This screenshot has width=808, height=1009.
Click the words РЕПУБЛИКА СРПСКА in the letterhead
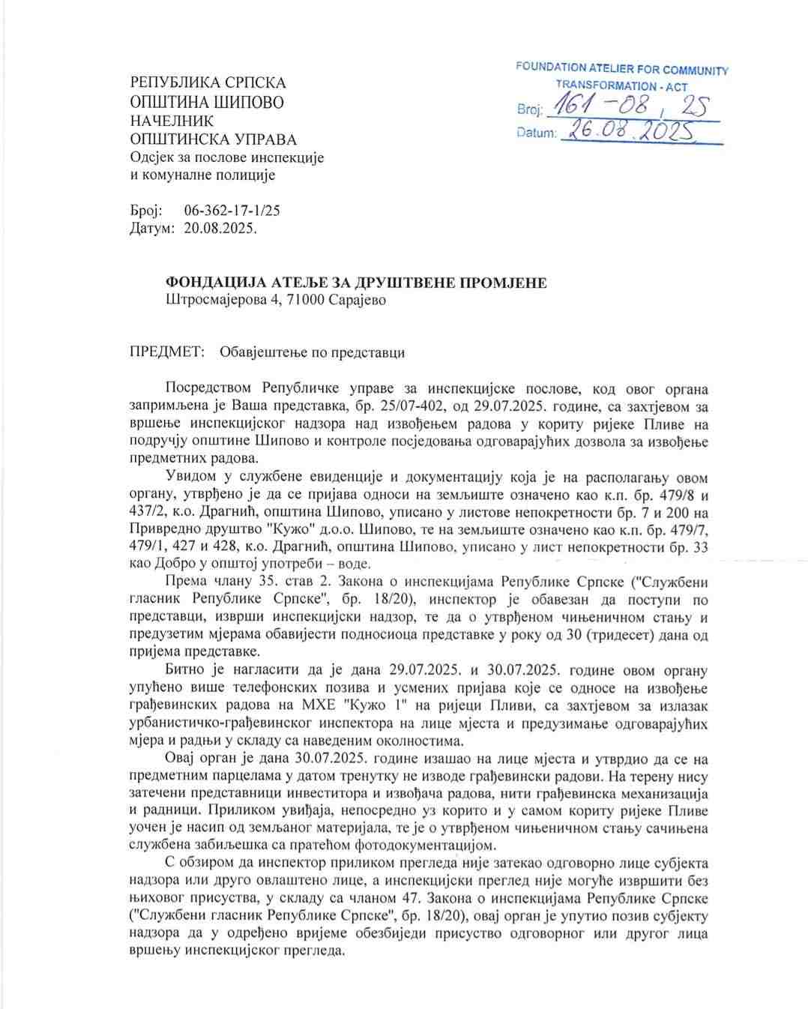(208, 82)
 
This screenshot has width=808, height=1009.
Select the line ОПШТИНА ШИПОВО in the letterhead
(207, 102)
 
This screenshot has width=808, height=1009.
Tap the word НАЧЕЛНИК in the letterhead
(172, 121)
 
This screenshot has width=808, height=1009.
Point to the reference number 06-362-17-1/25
(232, 211)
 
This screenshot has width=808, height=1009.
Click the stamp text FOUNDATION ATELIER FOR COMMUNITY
(621, 69)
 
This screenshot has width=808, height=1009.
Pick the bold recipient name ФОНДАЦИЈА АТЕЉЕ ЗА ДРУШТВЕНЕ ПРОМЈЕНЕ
(356, 283)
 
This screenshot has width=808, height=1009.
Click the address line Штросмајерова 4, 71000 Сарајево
(276, 300)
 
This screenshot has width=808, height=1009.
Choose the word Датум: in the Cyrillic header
(153, 228)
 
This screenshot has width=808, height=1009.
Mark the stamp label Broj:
(528, 110)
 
